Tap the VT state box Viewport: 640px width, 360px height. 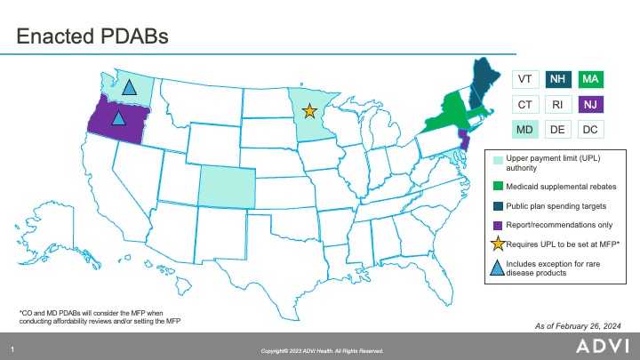(x=525, y=79)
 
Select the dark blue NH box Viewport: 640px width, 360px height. (x=557, y=79)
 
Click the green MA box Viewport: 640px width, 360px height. (x=589, y=79)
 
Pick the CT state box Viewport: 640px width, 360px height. (x=525, y=105)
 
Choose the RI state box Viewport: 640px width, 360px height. (x=557, y=105)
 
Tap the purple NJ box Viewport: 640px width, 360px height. (x=589, y=105)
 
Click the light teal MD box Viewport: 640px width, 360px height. (x=525, y=131)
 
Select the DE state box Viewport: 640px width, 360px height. (x=557, y=131)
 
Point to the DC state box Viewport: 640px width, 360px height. (x=589, y=131)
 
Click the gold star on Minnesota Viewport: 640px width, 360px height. (x=309, y=111)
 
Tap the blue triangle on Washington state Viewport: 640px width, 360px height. (x=129, y=86)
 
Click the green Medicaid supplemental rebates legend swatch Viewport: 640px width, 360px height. (x=499, y=187)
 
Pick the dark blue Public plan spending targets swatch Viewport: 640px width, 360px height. (x=499, y=206)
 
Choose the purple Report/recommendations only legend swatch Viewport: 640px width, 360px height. (x=499, y=225)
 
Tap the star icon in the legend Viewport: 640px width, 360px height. (x=499, y=243)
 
